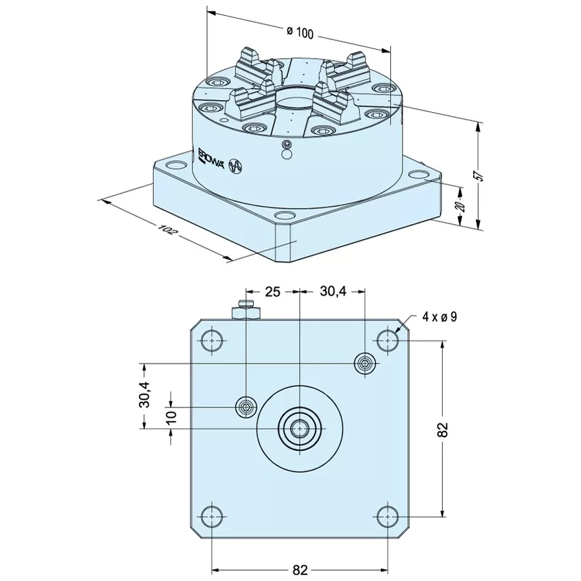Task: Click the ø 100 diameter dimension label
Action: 300,33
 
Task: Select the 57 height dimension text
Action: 480,175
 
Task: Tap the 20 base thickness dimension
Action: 460,206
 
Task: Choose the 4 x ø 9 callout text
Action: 439,317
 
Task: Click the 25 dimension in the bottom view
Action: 273,292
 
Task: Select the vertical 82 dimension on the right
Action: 444,430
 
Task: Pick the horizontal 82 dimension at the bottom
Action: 299,569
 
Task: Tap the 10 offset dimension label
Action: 172,418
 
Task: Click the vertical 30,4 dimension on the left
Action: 145,395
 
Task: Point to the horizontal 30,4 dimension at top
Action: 333,292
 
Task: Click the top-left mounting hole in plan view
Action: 212,340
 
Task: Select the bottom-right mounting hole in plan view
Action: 387,517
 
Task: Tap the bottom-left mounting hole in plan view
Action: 212,517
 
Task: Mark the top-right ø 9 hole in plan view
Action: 387,340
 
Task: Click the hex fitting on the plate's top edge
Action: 246,310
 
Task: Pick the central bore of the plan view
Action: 299,429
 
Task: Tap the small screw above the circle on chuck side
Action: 286,145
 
